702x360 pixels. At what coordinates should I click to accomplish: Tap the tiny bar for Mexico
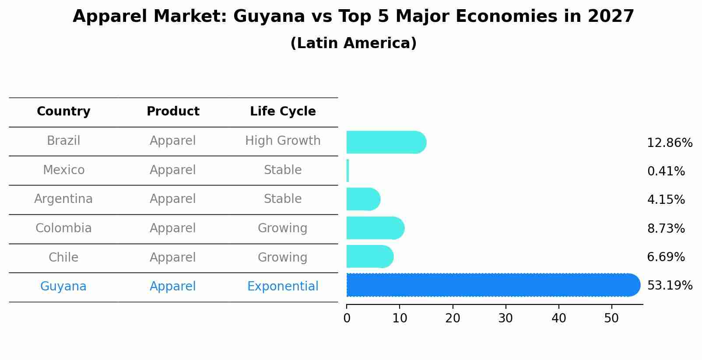(348, 171)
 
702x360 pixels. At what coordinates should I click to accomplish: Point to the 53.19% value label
(670, 286)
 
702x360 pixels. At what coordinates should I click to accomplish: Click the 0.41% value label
(666, 171)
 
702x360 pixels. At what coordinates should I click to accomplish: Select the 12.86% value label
(670, 143)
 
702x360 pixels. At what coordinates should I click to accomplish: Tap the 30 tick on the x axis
(505, 318)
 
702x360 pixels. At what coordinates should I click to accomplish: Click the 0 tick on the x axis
(347, 318)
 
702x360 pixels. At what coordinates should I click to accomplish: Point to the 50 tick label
(611, 318)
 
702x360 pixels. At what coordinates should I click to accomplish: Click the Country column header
(63, 112)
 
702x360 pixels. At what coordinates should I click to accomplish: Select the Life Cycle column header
(283, 112)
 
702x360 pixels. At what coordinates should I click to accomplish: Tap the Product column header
(173, 112)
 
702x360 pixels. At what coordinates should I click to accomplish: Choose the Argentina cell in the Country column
(63, 199)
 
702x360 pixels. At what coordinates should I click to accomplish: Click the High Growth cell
(283, 141)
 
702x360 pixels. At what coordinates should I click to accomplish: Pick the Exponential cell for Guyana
(283, 287)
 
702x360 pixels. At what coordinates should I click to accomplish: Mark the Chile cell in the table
(63, 257)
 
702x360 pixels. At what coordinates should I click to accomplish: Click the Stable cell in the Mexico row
(283, 170)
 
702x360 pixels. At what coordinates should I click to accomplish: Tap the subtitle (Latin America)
(353, 43)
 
